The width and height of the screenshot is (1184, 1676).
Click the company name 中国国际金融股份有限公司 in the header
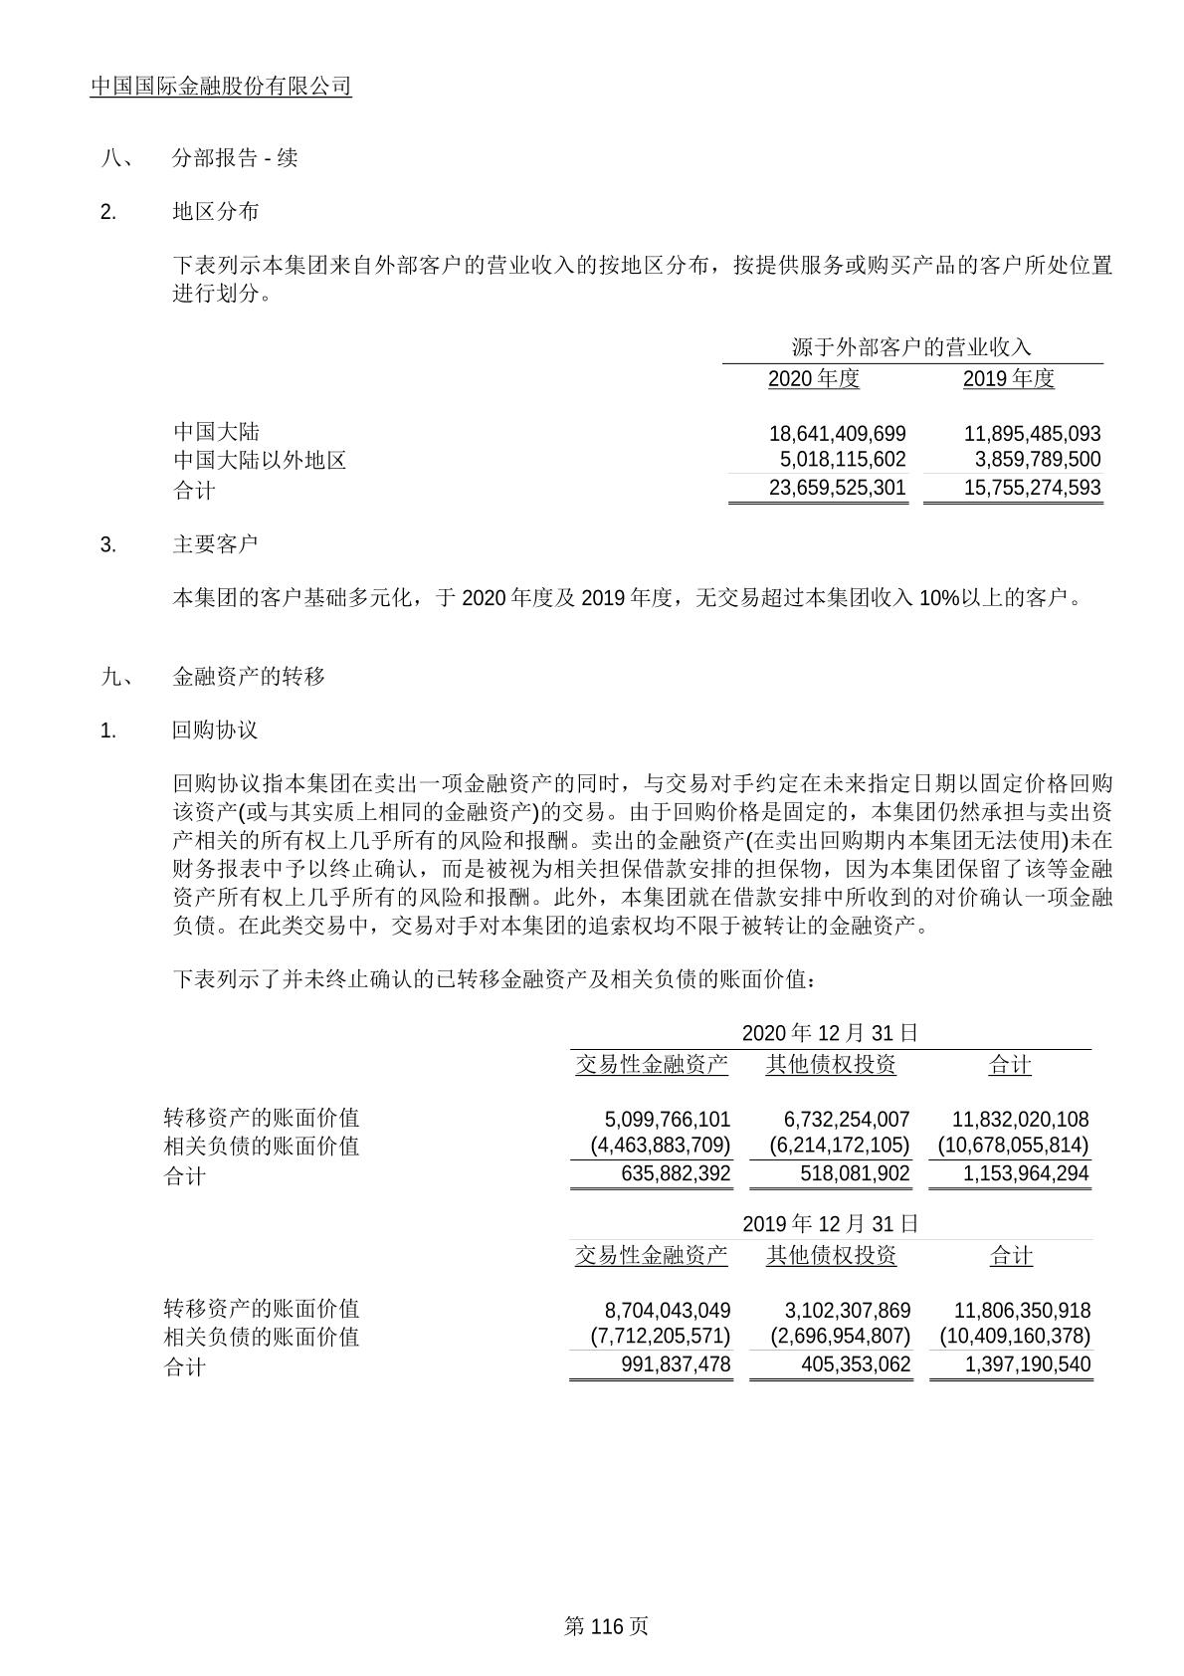click(x=221, y=87)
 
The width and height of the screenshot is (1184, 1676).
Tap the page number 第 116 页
click(x=606, y=1626)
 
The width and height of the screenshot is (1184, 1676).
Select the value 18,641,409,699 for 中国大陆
click(x=837, y=434)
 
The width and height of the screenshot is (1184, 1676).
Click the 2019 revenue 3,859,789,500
click(x=1032, y=460)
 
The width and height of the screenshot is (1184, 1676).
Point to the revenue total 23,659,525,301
click(x=837, y=488)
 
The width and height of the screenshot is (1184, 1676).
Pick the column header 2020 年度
click(x=813, y=379)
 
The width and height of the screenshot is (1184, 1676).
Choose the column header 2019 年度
click(x=1008, y=379)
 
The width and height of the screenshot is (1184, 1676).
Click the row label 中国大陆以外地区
click(x=260, y=460)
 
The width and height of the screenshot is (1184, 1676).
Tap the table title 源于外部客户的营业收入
click(x=910, y=347)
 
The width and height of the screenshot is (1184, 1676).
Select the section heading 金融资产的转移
click(x=249, y=677)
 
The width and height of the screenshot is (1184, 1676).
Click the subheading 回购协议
click(x=215, y=731)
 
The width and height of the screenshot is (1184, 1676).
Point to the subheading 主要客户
click(x=215, y=544)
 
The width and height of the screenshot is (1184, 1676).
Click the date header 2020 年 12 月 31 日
click(x=830, y=1033)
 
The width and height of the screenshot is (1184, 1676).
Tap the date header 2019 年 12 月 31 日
click(x=830, y=1223)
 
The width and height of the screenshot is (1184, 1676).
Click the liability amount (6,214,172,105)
click(x=839, y=1146)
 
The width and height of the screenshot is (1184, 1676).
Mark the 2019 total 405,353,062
click(x=855, y=1364)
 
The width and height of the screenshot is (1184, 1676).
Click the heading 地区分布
click(x=215, y=212)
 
